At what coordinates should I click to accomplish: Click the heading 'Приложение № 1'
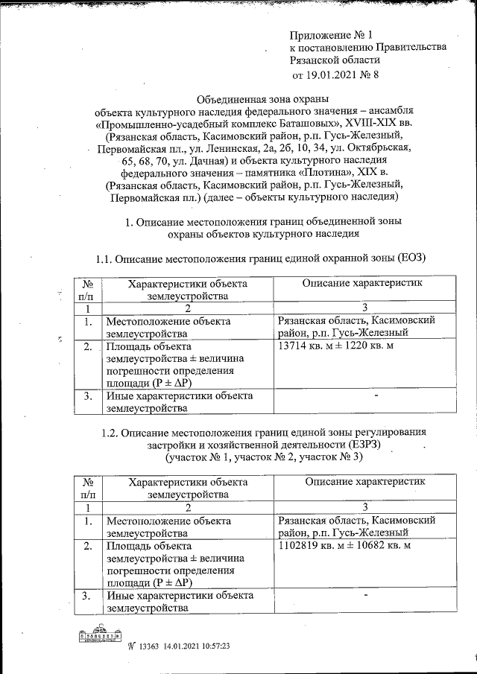pyautogui.click(x=330, y=34)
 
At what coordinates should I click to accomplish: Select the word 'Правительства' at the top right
pyautogui.click(x=413, y=47)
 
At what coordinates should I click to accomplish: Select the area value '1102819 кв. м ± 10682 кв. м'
pyautogui.click(x=344, y=546)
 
